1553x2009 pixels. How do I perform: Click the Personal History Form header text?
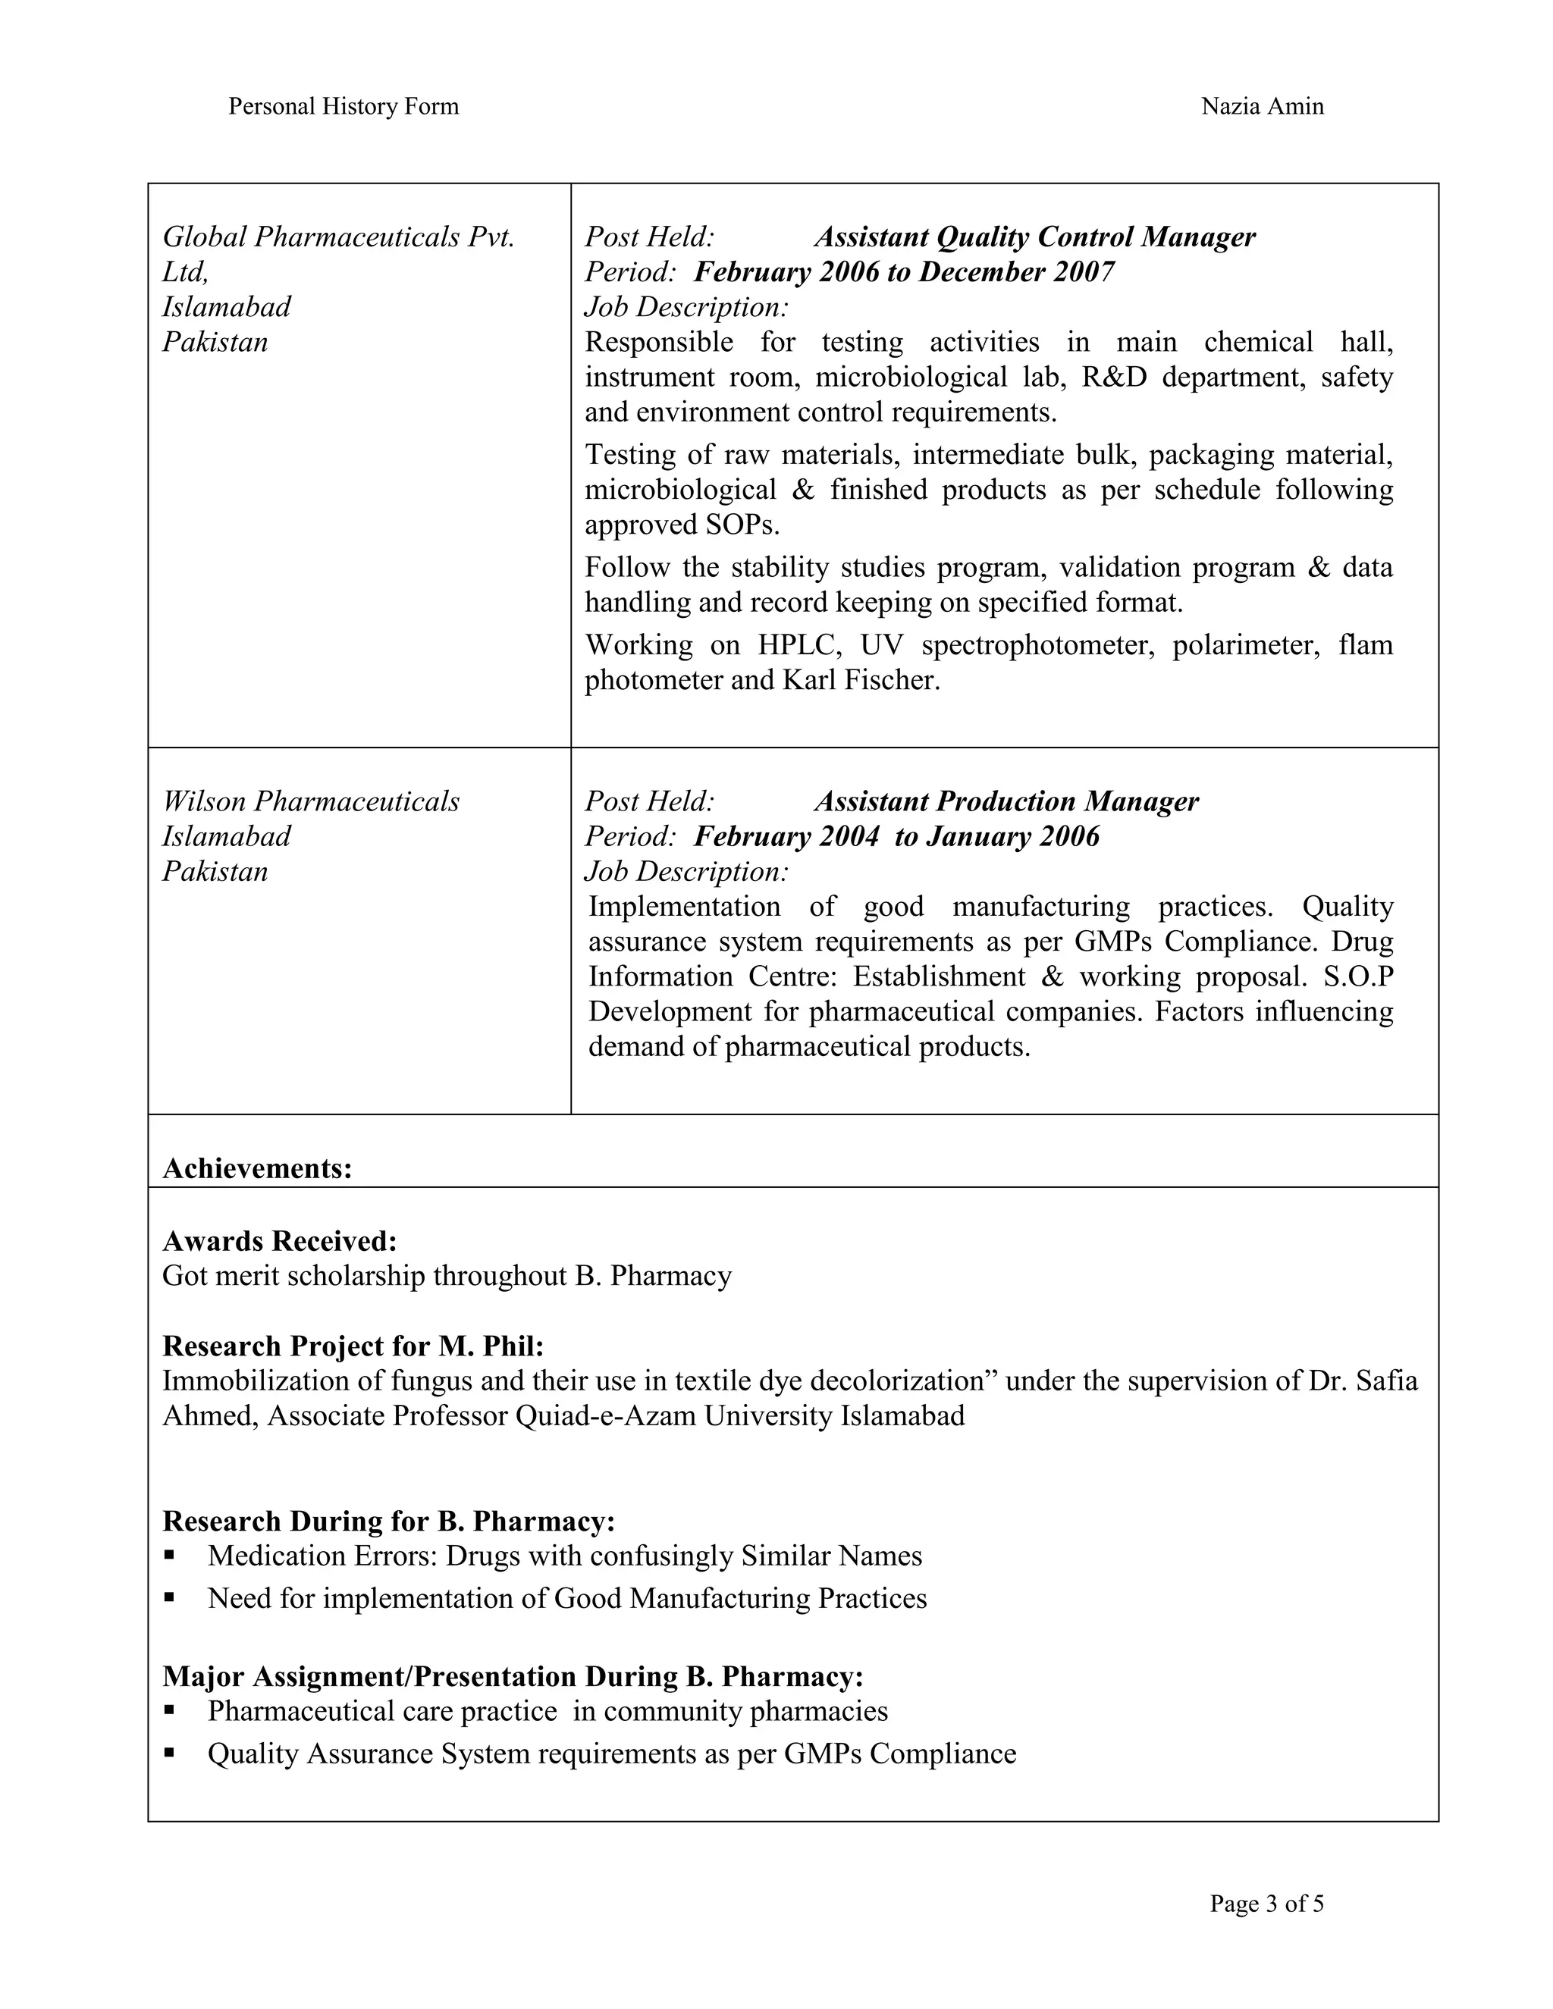[x=344, y=107]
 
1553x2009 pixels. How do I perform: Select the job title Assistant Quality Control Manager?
[x=1034, y=237]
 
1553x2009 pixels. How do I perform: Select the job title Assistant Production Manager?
[x=1006, y=801]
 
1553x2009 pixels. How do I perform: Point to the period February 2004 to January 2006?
[x=896, y=836]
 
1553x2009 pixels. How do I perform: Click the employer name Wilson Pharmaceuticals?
[x=311, y=801]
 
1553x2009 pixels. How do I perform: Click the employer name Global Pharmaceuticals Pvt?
[x=337, y=237]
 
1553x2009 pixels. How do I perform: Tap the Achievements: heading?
[x=258, y=1168]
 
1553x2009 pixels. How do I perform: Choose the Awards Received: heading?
[x=280, y=1241]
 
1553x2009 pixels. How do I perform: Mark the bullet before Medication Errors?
[x=169, y=1556]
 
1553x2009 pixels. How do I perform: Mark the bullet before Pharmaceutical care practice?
[x=169, y=1712]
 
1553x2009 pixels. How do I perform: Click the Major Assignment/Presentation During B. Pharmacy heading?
[x=513, y=1677]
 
